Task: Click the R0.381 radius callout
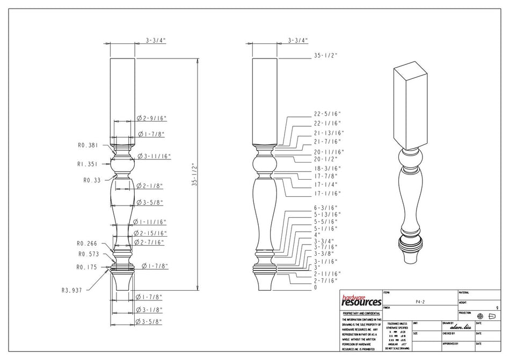(x=88, y=145)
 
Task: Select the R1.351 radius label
(x=88, y=165)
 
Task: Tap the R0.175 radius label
(x=88, y=267)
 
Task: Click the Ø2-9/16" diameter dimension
(x=152, y=117)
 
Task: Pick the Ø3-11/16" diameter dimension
(x=154, y=156)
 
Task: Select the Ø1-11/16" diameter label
(x=150, y=222)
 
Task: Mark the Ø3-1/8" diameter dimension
(x=149, y=310)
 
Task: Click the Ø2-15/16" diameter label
(x=150, y=233)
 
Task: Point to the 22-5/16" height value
(x=327, y=114)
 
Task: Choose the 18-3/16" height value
(x=327, y=168)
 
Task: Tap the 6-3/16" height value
(x=325, y=207)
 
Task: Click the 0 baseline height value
(x=315, y=288)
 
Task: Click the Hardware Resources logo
(x=361, y=300)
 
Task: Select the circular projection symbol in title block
(x=480, y=316)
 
